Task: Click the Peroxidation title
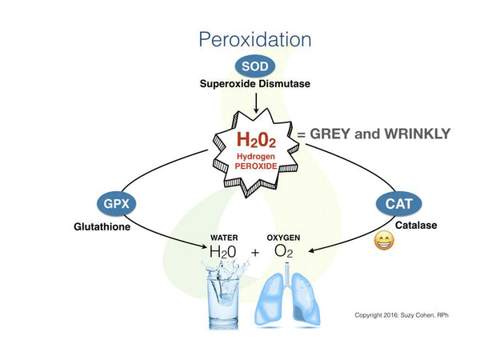(255, 40)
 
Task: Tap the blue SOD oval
(255, 66)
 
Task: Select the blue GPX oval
(116, 204)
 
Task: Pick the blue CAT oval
(398, 203)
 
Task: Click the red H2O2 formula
(256, 139)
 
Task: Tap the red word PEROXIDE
(256, 166)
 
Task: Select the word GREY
(330, 134)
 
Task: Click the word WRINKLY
(418, 134)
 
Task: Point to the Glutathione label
(102, 227)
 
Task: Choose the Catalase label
(416, 226)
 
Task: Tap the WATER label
(224, 238)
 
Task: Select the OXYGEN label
(283, 238)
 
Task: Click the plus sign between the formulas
(254, 253)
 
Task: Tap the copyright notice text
(402, 315)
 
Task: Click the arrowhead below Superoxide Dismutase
(256, 110)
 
